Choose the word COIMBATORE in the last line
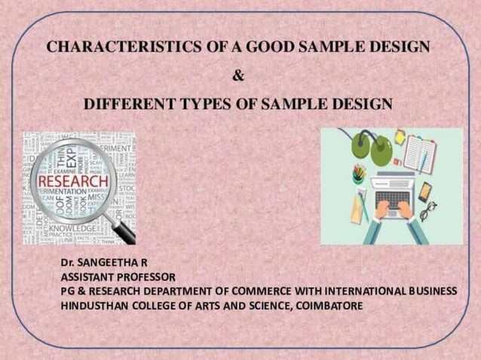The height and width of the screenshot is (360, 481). tap(329, 306)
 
